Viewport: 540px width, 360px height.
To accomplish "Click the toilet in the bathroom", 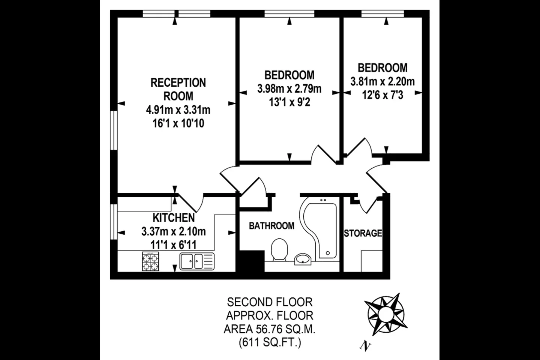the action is click(279, 250).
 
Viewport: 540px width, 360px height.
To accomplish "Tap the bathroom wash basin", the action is click(303, 259).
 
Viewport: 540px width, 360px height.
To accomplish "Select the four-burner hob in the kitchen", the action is click(150, 261).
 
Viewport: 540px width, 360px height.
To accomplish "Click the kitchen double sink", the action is click(197, 261).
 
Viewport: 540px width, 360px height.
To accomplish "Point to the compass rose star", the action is click(386, 314).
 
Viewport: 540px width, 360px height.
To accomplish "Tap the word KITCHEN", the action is click(174, 218).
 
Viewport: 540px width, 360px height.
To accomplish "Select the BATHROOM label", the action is click(271, 226).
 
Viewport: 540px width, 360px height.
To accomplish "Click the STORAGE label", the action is click(363, 233).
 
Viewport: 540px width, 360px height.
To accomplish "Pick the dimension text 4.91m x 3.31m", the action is click(178, 110).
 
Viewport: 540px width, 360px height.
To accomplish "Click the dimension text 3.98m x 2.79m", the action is click(289, 89).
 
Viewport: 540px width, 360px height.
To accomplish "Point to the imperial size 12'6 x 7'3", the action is click(382, 95).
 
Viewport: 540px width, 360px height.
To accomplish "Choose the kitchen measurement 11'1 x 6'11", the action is click(174, 245).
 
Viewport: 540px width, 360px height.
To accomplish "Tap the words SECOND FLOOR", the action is click(270, 302).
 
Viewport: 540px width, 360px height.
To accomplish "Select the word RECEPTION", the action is click(178, 83).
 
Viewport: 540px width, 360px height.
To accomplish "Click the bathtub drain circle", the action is click(328, 253).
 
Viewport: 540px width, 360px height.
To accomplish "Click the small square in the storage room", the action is click(372, 261).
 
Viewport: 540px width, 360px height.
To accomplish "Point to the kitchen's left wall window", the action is click(114, 222).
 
